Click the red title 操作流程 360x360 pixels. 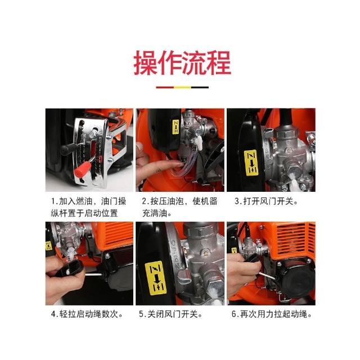[x=182, y=62]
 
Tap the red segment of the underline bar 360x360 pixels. [x=165, y=87]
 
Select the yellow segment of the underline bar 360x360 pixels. [x=182, y=87]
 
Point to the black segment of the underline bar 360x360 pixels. [x=200, y=87]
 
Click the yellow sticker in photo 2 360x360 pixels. [x=175, y=127]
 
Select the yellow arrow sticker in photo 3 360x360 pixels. [x=251, y=163]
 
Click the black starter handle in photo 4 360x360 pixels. [x=70, y=268]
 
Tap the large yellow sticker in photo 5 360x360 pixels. [x=156, y=278]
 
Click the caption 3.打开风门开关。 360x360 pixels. [x=266, y=201]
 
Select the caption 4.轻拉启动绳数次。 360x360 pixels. [x=87, y=314]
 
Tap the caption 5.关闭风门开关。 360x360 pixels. [x=170, y=314]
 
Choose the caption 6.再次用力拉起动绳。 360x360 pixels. [x=272, y=314]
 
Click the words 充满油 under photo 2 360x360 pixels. [x=154, y=213]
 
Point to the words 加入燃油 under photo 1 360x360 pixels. [x=75, y=201]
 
